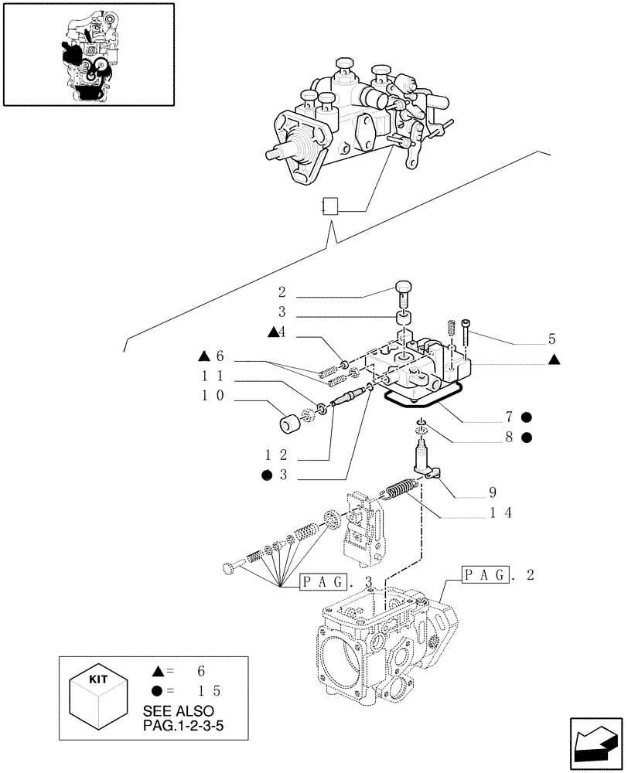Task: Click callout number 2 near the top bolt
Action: coord(283,294)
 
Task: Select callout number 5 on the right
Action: coord(551,338)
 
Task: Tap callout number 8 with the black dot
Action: coord(510,438)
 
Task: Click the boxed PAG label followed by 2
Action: coord(486,574)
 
